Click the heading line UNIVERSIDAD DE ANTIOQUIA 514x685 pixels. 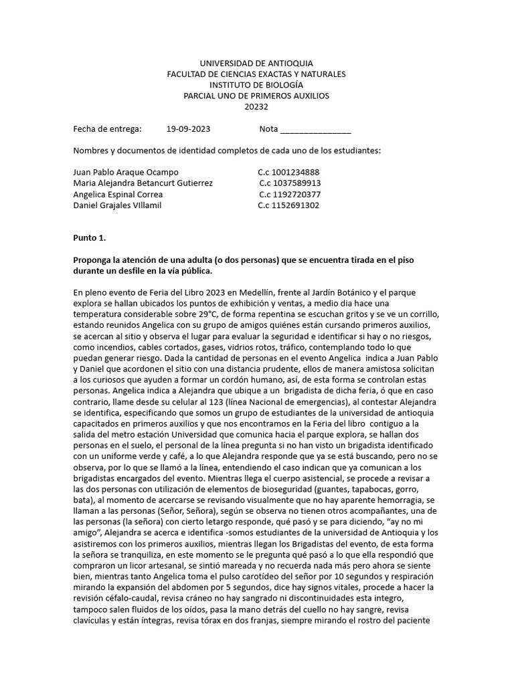click(x=256, y=63)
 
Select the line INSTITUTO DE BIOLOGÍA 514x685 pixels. click(x=256, y=85)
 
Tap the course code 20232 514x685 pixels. click(x=256, y=106)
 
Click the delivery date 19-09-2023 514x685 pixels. click(x=189, y=129)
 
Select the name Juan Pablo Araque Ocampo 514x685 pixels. click(x=126, y=172)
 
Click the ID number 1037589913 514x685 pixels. click(x=292, y=183)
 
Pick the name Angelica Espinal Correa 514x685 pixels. click(x=118, y=194)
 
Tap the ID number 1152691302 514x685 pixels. click(x=292, y=205)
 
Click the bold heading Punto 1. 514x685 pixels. click(x=89, y=237)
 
